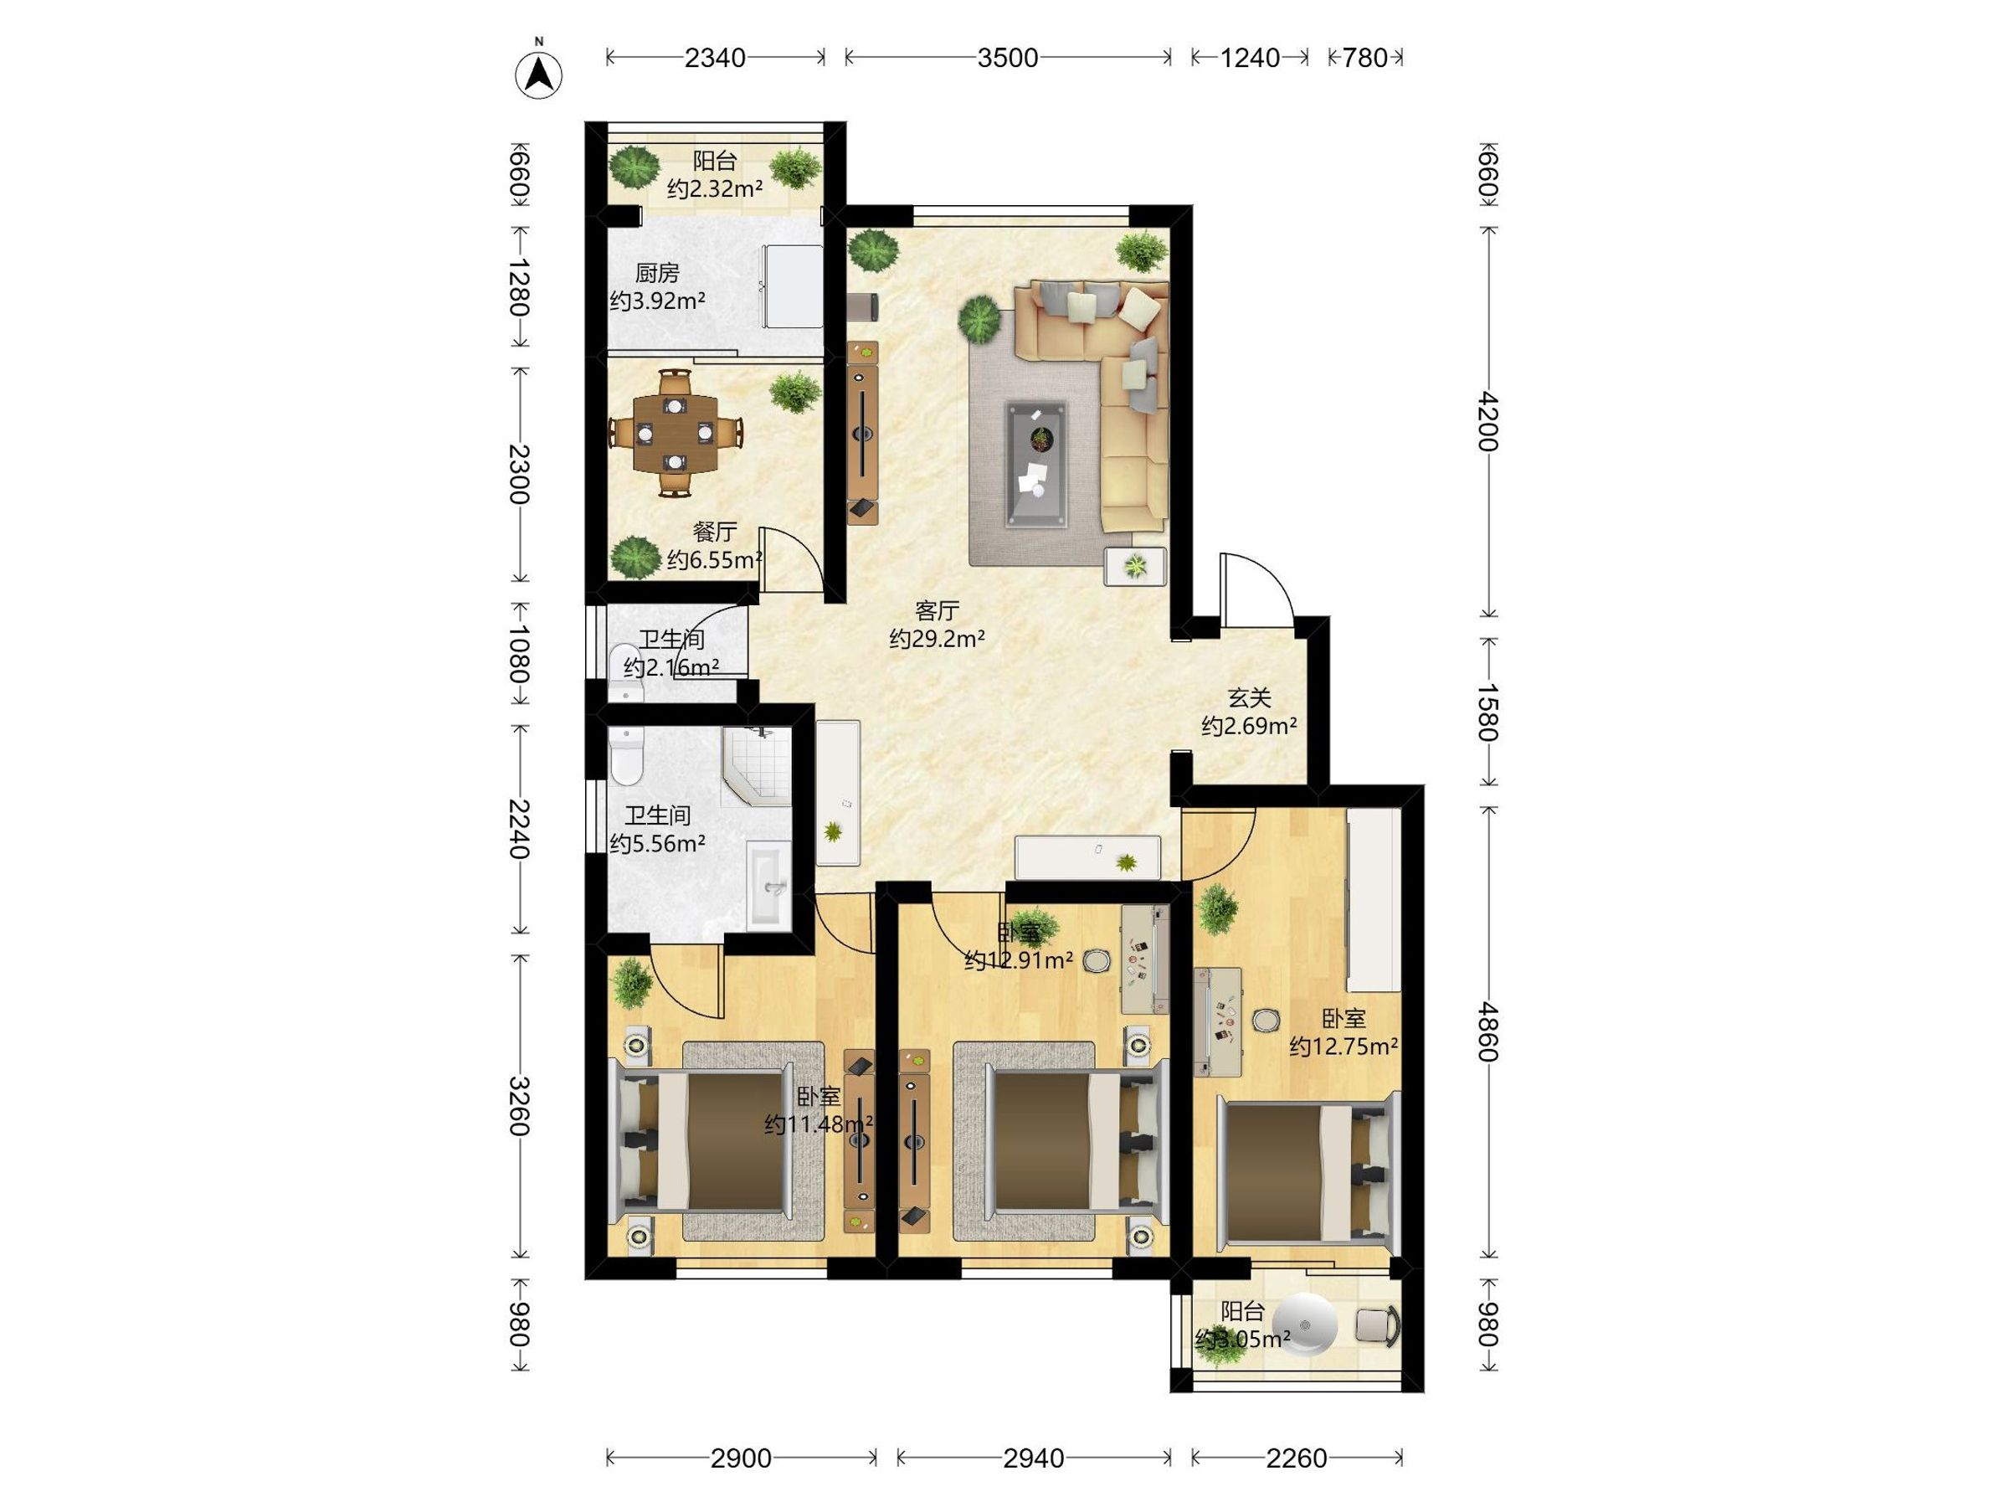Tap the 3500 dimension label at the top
click(1007, 58)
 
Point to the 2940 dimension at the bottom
click(1034, 1458)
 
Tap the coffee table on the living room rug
click(1036, 463)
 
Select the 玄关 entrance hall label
click(1249, 697)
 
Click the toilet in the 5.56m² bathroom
click(626, 756)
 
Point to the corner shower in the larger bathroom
click(756, 767)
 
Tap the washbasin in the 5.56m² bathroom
click(768, 885)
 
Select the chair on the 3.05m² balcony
click(1377, 1324)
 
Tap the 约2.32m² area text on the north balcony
click(715, 189)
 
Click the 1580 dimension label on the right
click(1487, 712)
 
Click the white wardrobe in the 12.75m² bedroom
click(1374, 899)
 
